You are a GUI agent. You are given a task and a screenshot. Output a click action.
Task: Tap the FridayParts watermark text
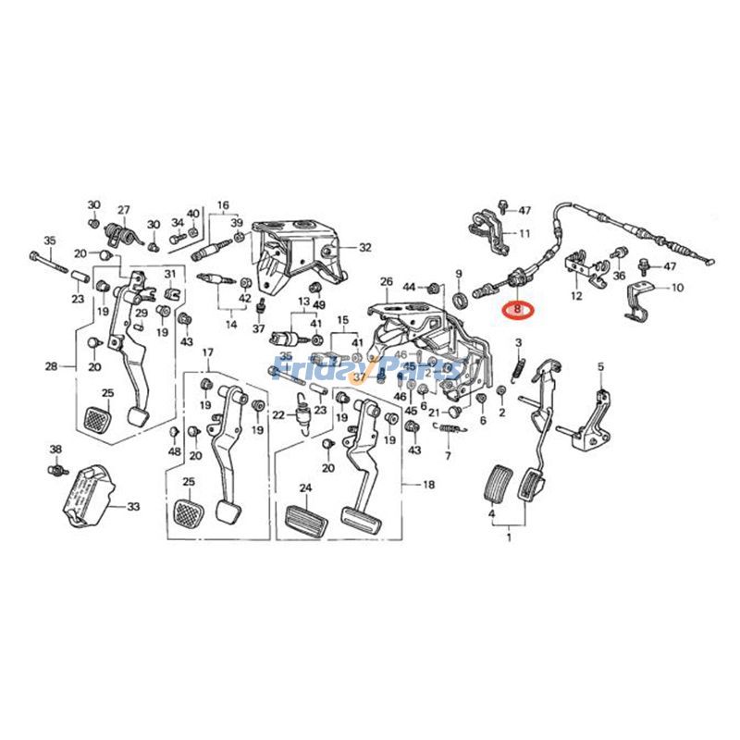[370, 370]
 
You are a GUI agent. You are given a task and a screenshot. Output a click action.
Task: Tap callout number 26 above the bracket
[386, 281]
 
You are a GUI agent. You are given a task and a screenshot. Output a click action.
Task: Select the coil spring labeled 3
[520, 366]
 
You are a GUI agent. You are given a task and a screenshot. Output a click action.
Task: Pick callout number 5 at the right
[599, 367]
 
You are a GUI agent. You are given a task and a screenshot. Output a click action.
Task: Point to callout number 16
[223, 204]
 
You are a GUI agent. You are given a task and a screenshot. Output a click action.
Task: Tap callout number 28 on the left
[51, 366]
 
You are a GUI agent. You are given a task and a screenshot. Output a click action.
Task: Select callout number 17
[208, 352]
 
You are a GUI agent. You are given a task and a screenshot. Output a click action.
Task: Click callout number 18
[428, 485]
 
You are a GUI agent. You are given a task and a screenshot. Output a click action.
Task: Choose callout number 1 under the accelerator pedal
[507, 536]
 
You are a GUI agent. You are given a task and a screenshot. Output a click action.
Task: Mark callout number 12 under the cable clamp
[576, 296]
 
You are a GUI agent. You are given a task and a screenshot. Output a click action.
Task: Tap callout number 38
[55, 450]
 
